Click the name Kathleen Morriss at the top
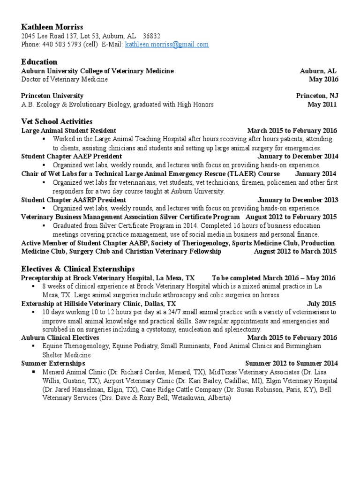[52, 27]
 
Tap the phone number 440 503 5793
[58, 45]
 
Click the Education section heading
[39, 62]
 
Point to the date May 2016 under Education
[322, 79]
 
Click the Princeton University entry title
[52, 96]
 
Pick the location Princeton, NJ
[317, 96]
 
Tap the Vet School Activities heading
[57, 121]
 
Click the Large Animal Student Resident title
[69, 130]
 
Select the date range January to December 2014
[298, 156]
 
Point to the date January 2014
[315, 173]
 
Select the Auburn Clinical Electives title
[60, 337]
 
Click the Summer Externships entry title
[53, 363]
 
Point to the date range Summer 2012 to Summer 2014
[291, 363]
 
